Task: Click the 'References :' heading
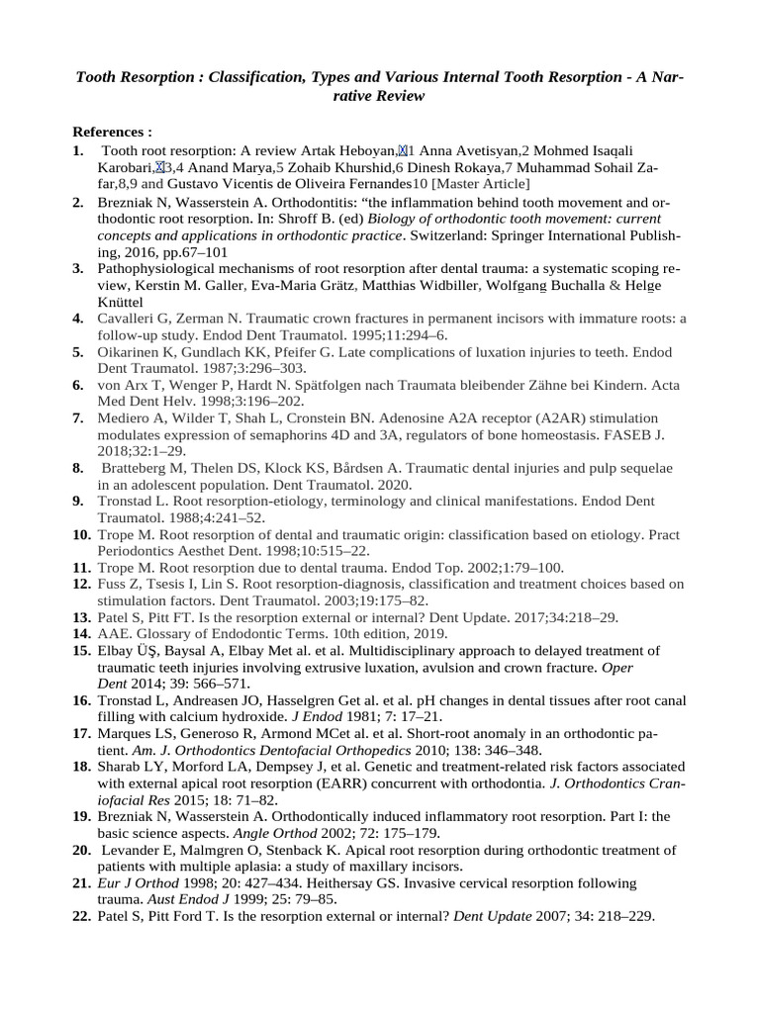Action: click(112, 132)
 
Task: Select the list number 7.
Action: click(77, 418)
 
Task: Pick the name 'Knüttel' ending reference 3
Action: click(121, 302)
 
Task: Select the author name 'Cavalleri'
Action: click(127, 319)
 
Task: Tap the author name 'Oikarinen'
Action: click(129, 351)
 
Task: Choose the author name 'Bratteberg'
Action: click(137, 468)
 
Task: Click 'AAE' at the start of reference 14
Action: click(111, 633)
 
